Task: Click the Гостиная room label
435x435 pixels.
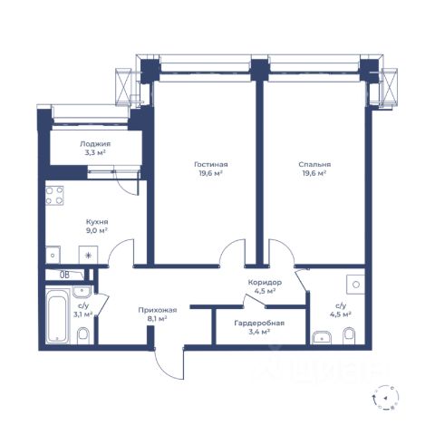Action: click(x=210, y=165)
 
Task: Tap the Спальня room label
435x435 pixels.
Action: click(x=314, y=165)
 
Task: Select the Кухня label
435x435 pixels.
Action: click(x=97, y=222)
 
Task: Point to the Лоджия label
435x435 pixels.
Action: click(x=95, y=144)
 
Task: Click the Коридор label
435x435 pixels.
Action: click(x=265, y=283)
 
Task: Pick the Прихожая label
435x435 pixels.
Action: click(x=158, y=310)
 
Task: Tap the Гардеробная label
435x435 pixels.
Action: click(x=259, y=324)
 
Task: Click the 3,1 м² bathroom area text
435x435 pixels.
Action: click(x=82, y=314)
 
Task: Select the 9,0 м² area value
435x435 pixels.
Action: click(x=97, y=230)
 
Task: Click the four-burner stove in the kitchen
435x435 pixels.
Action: click(x=54, y=196)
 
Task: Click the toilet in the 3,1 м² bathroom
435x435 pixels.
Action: click(x=83, y=335)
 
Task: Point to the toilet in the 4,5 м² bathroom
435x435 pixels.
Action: click(x=349, y=335)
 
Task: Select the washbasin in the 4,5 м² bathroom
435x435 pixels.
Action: click(x=322, y=337)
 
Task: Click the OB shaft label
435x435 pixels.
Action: click(x=64, y=275)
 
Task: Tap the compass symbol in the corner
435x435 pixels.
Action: click(x=386, y=398)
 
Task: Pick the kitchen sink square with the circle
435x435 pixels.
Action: click(x=53, y=255)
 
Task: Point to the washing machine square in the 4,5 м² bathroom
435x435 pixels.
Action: click(x=356, y=285)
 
